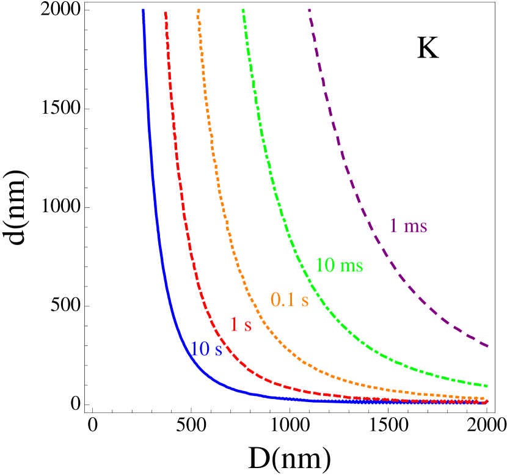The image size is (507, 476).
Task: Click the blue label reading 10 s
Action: coord(206,349)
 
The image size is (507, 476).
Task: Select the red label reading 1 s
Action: coord(240,324)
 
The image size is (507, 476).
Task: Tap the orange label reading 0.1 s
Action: coord(290,300)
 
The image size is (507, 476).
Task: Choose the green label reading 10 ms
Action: coord(339,265)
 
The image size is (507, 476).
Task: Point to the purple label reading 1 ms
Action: coord(408,225)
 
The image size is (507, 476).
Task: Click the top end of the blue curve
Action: coord(143,10)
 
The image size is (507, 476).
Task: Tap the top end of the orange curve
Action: coord(199,10)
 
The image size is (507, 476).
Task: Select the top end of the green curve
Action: coord(243,10)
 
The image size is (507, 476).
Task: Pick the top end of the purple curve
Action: coord(309,10)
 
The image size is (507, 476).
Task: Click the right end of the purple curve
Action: coord(487,346)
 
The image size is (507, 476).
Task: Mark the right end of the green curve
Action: coord(487,386)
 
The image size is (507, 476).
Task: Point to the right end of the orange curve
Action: coord(487,399)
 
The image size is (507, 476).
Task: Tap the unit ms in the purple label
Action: coord(415,226)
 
